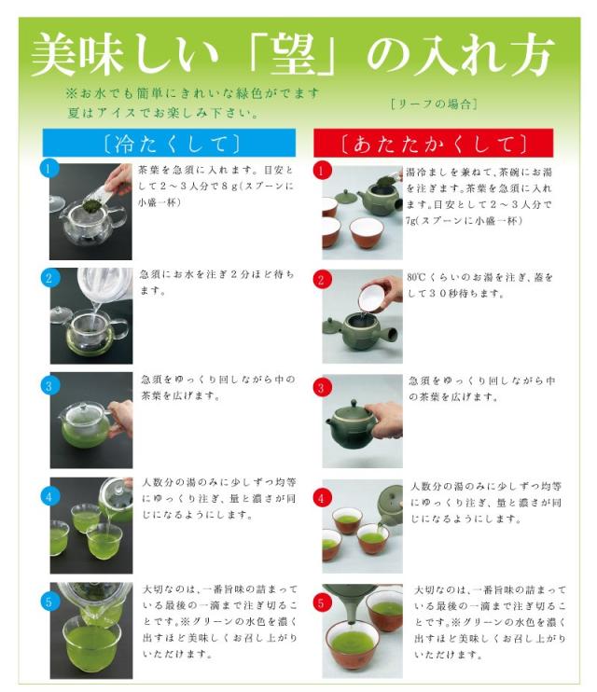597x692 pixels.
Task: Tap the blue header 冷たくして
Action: [169, 143]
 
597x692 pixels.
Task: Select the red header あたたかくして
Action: [433, 143]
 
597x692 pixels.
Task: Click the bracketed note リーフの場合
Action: [434, 104]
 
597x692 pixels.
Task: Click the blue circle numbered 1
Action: [49, 168]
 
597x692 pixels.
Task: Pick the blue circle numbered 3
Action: [49, 386]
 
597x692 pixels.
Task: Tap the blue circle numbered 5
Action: [49, 602]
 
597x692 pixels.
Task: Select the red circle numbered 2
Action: [321, 280]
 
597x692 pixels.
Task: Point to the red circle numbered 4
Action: [321, 498]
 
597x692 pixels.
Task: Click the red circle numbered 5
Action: [321, 602]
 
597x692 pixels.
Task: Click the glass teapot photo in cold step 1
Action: [90, 212]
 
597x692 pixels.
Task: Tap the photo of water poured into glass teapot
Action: [91, 315]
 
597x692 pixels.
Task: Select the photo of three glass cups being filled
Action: [91, 525]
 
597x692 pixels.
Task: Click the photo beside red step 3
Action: [363, 421]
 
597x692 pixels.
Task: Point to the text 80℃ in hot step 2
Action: [415, 277]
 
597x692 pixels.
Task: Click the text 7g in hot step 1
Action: [410, 220]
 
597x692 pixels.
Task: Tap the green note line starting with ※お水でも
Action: [192, 93]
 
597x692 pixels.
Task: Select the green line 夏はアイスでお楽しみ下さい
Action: [163, 113]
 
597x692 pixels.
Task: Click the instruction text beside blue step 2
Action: [216, 283]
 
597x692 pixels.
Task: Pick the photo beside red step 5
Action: [363, 631]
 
